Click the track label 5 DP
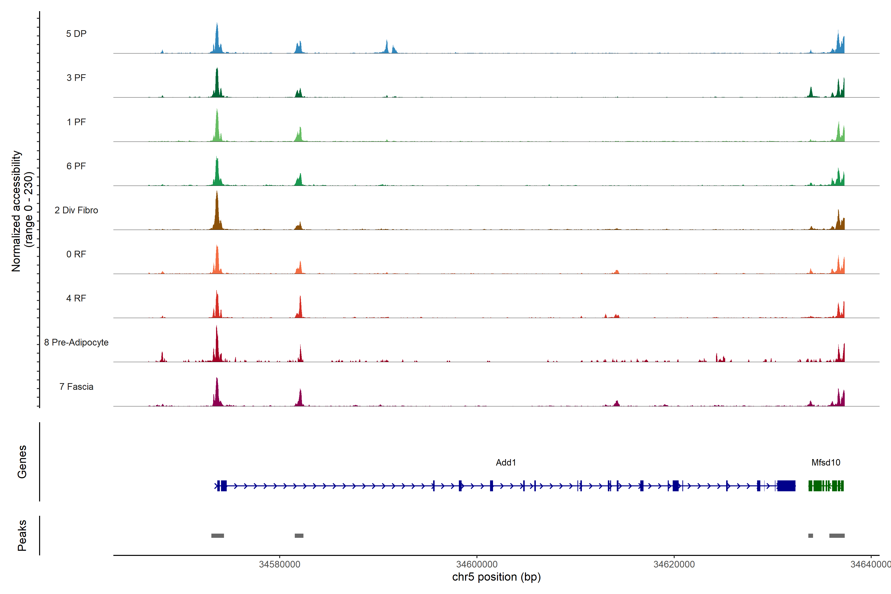76,34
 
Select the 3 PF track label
76,78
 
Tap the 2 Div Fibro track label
76,210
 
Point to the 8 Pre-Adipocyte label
76,343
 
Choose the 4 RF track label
76,298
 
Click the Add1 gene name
506,463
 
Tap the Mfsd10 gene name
826,463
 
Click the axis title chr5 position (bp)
496,577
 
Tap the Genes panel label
22,462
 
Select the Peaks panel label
22,535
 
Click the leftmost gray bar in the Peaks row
218,536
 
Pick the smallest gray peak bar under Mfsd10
811,536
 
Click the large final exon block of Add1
786,486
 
